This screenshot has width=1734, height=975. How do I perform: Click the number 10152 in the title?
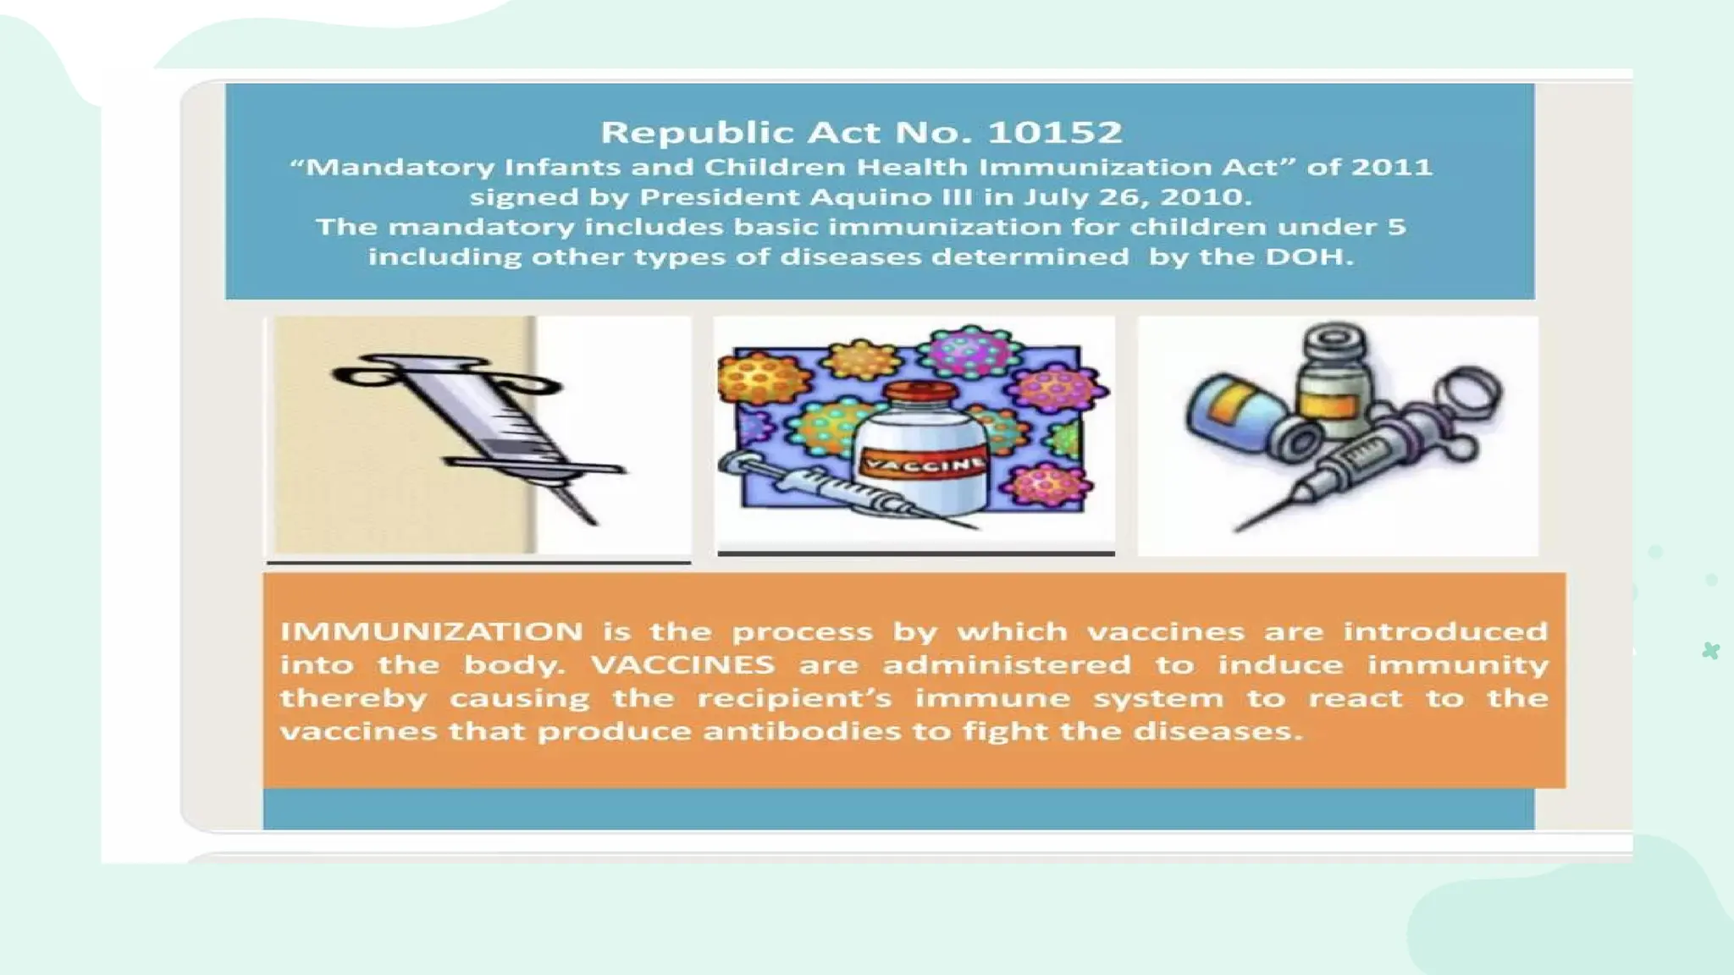[1055, 133]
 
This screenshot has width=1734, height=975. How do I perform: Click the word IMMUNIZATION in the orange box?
[432, 631]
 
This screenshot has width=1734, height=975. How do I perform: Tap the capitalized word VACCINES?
[682, 664]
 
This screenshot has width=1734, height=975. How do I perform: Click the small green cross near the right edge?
[1710, 650]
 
